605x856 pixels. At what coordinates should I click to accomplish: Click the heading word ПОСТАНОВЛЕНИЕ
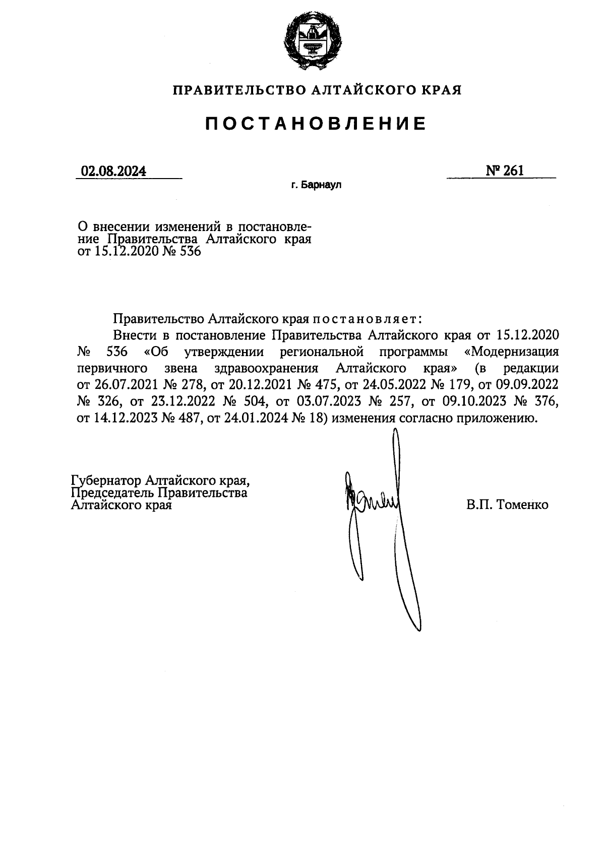pos(316,124)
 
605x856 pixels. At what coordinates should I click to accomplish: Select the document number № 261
pos(505,170)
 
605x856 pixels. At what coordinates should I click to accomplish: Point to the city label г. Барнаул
pos(316,186)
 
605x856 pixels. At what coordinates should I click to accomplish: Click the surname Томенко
pos(522,504)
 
